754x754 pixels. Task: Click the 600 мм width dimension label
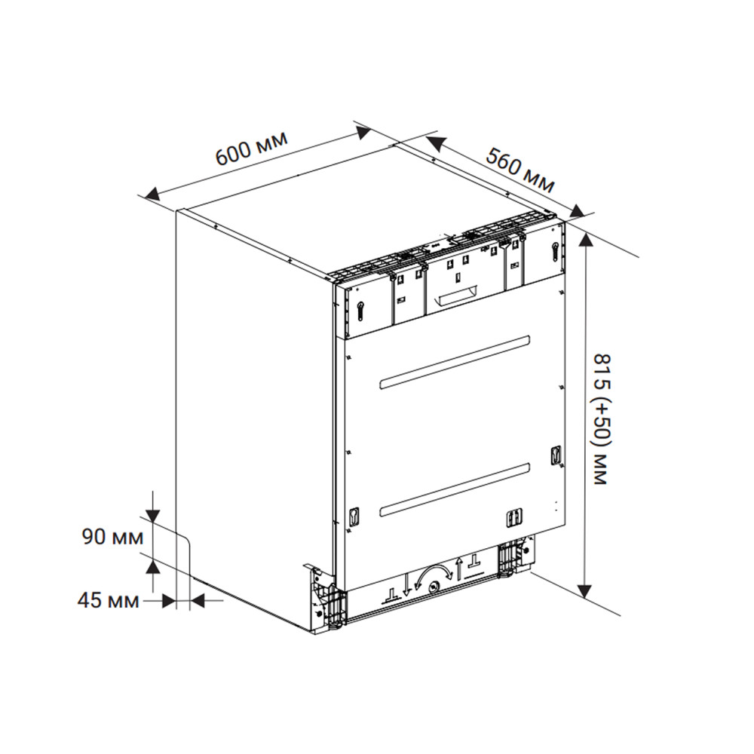(x=251, y=149)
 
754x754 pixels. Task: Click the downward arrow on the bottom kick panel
(x=406, y=584)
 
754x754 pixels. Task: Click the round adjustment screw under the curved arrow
(x=433, y=585)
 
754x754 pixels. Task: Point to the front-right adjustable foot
(x=513, y=559)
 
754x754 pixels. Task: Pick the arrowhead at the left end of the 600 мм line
(x=153, y=195)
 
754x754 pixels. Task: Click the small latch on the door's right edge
(x=556, y=454)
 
